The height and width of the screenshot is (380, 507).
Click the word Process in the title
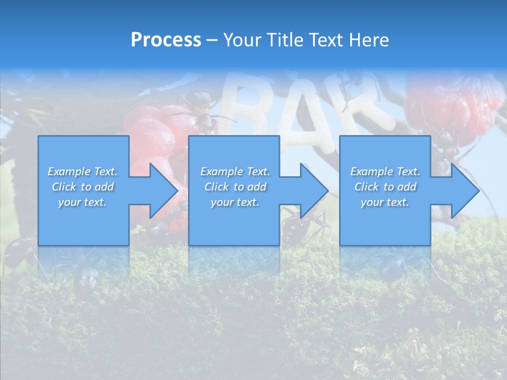(166, 40)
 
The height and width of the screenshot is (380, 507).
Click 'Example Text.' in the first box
(82, 172)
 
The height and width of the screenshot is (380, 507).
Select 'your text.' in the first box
(82, 202)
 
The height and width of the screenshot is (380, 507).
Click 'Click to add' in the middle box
(235, 187)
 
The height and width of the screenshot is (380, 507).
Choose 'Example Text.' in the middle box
(235, 172)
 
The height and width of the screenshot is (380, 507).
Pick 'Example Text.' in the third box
(385, 172)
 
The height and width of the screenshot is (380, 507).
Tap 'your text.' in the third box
(385, 202)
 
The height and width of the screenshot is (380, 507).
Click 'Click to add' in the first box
(82, 187)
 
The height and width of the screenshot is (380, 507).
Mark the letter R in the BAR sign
(364, 106)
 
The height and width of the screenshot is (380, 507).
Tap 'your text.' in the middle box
(235, 202)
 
